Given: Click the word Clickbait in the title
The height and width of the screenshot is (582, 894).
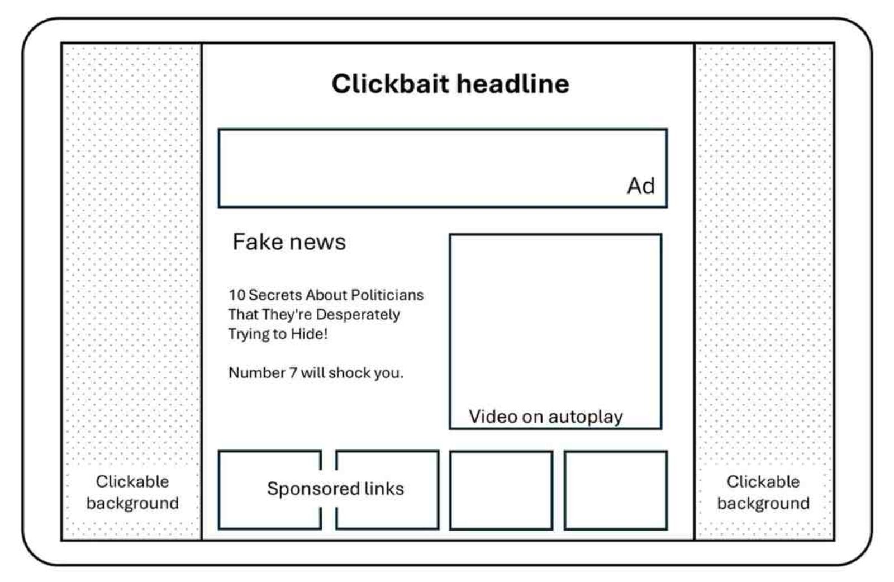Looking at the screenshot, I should coord(390,84).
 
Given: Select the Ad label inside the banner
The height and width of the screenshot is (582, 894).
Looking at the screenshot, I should coord(640,186).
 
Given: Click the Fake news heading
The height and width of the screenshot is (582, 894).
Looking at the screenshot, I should coord(289,242).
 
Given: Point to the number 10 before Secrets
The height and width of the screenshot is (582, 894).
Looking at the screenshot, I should coord(236,295).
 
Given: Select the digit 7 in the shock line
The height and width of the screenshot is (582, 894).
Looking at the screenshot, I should coord(293,372).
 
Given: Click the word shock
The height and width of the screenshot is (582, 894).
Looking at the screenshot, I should coord(349,372).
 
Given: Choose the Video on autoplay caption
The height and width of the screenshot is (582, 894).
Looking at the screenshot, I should coord(545,417).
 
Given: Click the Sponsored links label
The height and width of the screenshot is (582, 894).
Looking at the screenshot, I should coord(335,489).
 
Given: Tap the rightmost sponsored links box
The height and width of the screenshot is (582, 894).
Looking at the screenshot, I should coord(615,490).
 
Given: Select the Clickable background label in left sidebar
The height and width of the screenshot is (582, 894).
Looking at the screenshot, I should coord(132,492).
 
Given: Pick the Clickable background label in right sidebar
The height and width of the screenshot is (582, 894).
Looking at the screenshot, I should coord(763,492).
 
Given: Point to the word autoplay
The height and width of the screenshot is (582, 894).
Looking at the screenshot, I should coord(585,417).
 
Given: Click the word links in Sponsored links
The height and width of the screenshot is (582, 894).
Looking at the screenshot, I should coord(384,489).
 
